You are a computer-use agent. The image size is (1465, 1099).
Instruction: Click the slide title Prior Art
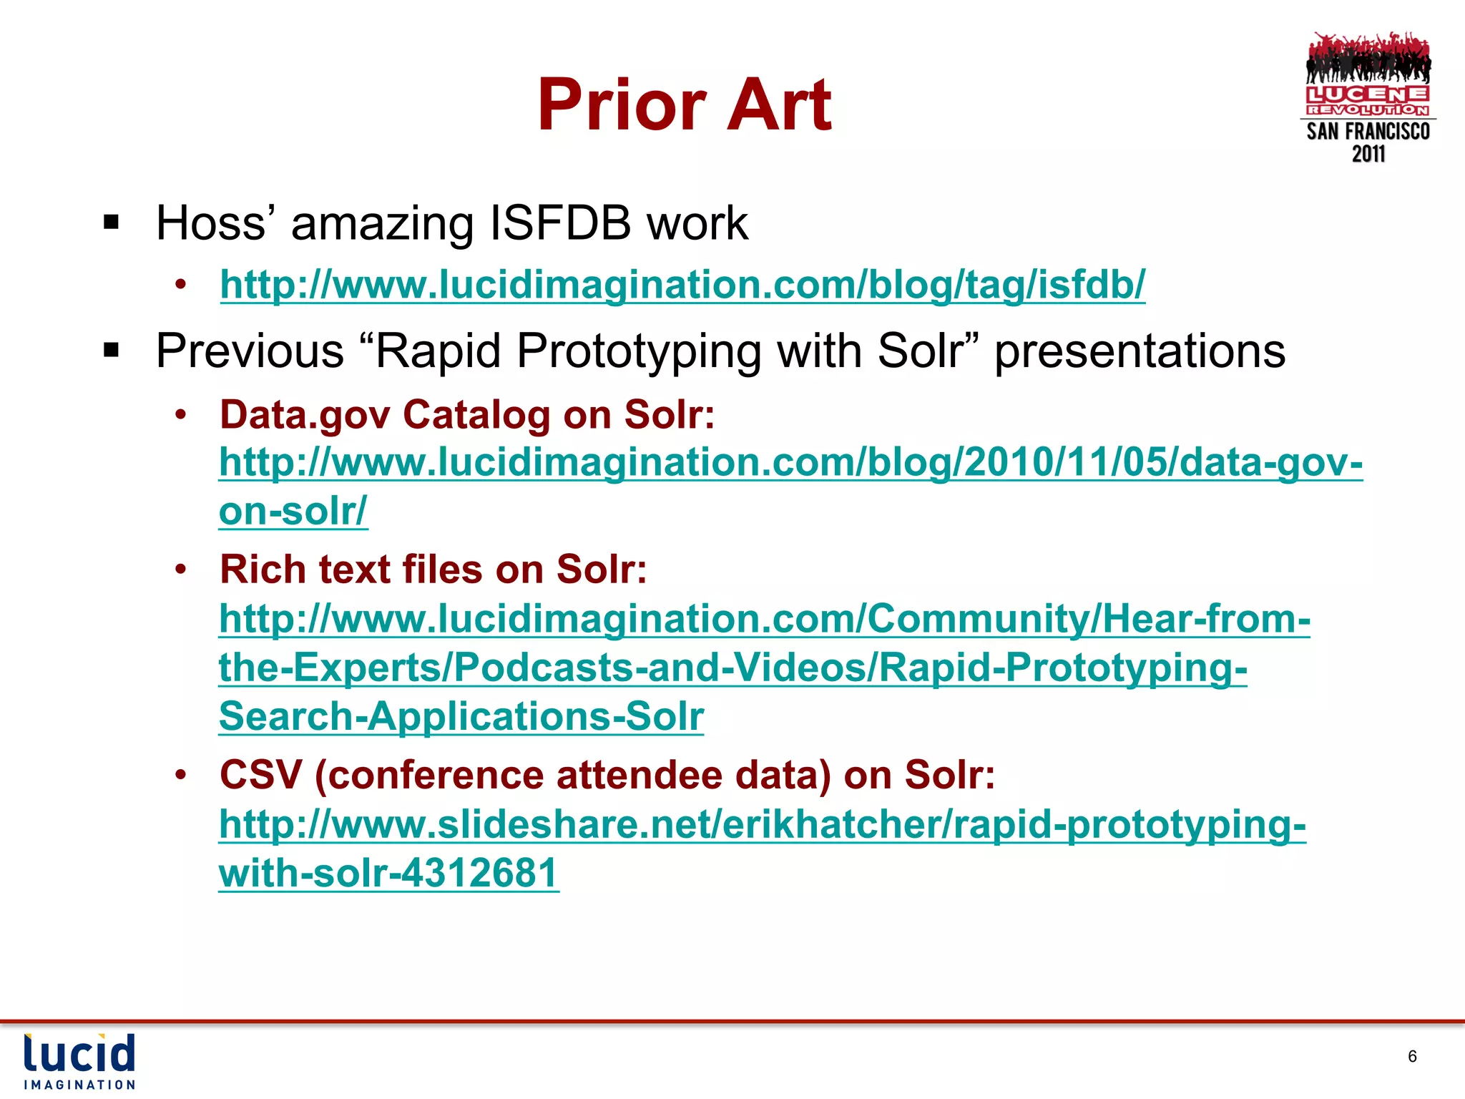click(685, 105)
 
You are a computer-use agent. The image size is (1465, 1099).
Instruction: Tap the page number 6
click(1412, 1056)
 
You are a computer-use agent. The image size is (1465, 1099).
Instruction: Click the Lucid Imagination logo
click(79, 1061)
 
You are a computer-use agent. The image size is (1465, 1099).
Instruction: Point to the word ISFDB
click(560, 223)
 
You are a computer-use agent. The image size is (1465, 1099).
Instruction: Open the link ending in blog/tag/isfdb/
click(682, 285)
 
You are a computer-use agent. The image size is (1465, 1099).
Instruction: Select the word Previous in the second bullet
click(250, 351)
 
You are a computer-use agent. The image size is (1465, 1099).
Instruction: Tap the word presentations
click(1140, 351)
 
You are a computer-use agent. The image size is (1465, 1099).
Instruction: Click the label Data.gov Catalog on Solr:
click(467, 414)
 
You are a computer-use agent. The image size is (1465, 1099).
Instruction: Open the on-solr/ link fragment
click(293, 511)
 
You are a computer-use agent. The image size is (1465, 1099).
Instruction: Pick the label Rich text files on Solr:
click(433, 570)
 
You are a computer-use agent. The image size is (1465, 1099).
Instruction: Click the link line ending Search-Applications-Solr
click(461, 716)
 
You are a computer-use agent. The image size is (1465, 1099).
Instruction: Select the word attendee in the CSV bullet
click(640, 775)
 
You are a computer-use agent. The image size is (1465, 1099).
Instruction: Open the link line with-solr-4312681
click(388, 873)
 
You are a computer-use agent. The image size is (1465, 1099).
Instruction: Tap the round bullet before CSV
click(181, 775)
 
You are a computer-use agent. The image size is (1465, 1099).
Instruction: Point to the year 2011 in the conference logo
click(1368, 154)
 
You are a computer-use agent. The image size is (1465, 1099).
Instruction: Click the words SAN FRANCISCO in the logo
click(1368, 132)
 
